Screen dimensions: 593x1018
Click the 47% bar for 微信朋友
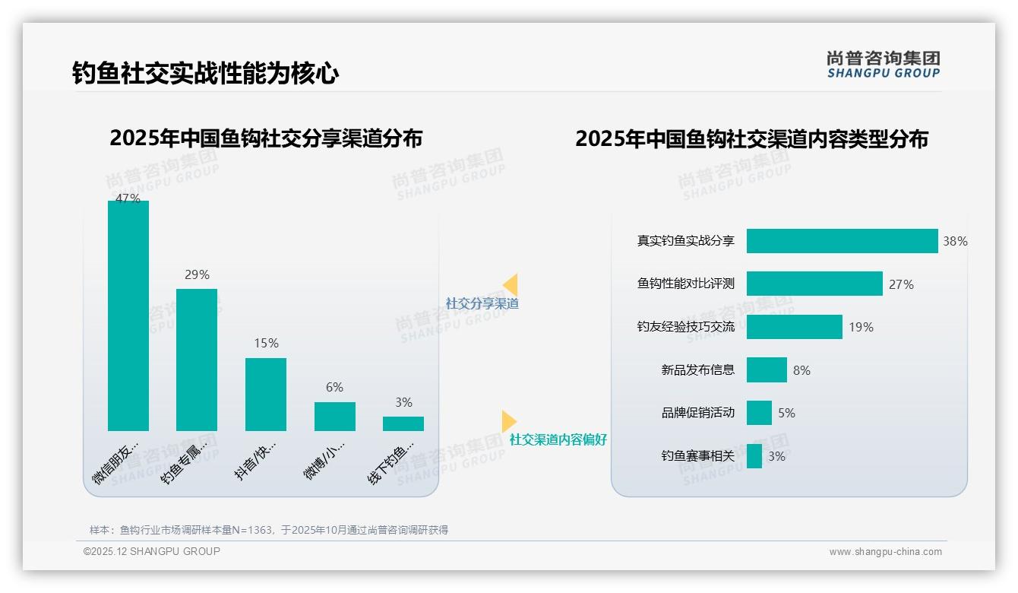[x=128, y=316]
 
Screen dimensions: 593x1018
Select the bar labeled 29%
[x=197, y=360]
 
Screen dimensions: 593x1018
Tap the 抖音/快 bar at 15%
[x=266, y=394]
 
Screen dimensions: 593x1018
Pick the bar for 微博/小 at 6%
[x=334, y=417]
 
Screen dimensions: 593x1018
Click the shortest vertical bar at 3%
[x=403, y=423]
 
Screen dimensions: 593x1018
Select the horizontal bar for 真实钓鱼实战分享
[x=842, y=241]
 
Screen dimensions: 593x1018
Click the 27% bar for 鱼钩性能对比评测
[x=814, y=284]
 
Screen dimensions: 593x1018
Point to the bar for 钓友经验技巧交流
[x=794, y=327]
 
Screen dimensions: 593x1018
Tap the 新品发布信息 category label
[x=697, y=370]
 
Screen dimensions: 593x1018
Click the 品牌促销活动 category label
[x=697, y=413]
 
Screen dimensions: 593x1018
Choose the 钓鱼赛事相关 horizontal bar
[x=754, y=456]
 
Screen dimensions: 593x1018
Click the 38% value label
[x=955, y=242]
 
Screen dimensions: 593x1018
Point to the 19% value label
[x=861, y=328]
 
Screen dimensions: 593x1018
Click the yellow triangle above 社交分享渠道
[x=511, y=284]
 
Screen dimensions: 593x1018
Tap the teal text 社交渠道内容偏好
[x=558, y=440]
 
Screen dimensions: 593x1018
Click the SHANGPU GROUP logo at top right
[x=883, y=65]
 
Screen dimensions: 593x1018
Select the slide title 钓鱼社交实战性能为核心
[x=205, y=74]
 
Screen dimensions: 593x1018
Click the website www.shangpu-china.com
[x=885, y=552]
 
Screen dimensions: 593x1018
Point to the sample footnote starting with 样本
[x=269, y=530]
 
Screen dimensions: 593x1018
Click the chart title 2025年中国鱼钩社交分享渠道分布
[x=266, y=139]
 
